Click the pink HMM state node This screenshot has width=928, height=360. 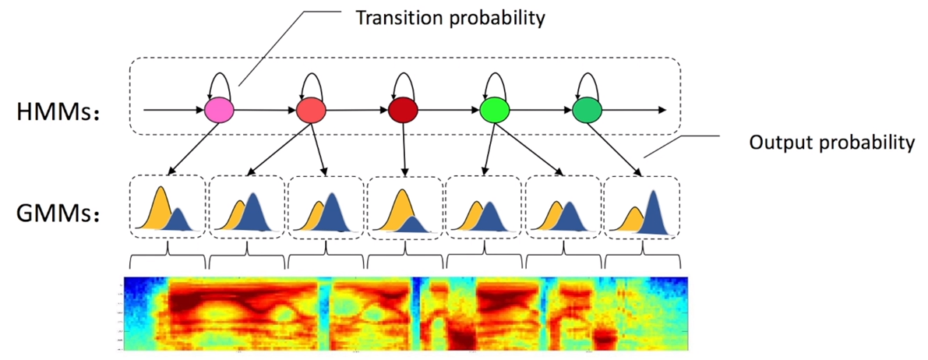(x=220, y=110)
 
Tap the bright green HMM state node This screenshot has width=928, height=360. (x=493, y=110)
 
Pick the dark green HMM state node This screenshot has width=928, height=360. (x=585, y=110)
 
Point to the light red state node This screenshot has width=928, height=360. (x=310, y=110)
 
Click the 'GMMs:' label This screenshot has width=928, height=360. (x=62, y=210)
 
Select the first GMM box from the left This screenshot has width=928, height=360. (x=168, y=206)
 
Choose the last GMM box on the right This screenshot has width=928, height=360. (x=641, y=206)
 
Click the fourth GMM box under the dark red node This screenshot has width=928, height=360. (x=404, y=206)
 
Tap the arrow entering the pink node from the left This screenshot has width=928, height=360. (x=171, y=110)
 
